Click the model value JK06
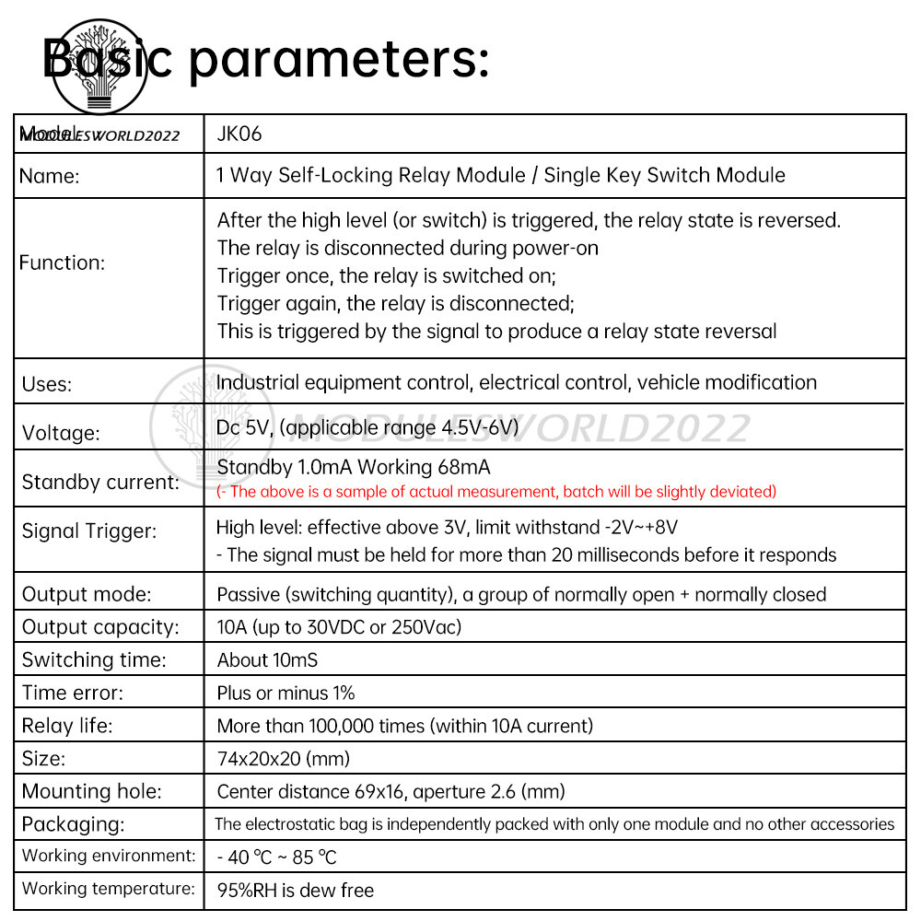pyautogui.click(x=239, y=134)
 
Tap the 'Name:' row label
pyautogui.click(x=49, y=177)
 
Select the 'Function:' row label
pyautogui.click(x=62, y=262)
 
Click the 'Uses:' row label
pyautogui.click(x=47, y=384)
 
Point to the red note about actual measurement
pyautogui.click(x=496, y=492)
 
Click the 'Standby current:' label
pyautogui.click(x=100, y=482)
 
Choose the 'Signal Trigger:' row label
pyautogui.click(x=89, y=530)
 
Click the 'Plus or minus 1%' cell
pyautogui.click(x=286, y=693)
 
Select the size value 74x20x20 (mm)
pyautogui.click(x=284, y=759)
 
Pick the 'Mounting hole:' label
pyautogui.click(x=91, y=791)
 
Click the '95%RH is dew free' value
pyautogui.click(x=296, y=890)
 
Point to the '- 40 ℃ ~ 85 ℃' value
pyautogui.click(x=276, y=857)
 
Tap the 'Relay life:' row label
pyautogui.click(x=67, y=726)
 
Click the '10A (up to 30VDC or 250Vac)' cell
pyautogui.click(x=339, y=627)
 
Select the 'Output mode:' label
pyautogui.click(x=87, y=594)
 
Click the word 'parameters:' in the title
pyautogui.click(x=339, y=60)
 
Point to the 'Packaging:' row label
pyautogui.click(x=73, y=823)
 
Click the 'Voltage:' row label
pyautogui.click(x=61, y=432)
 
